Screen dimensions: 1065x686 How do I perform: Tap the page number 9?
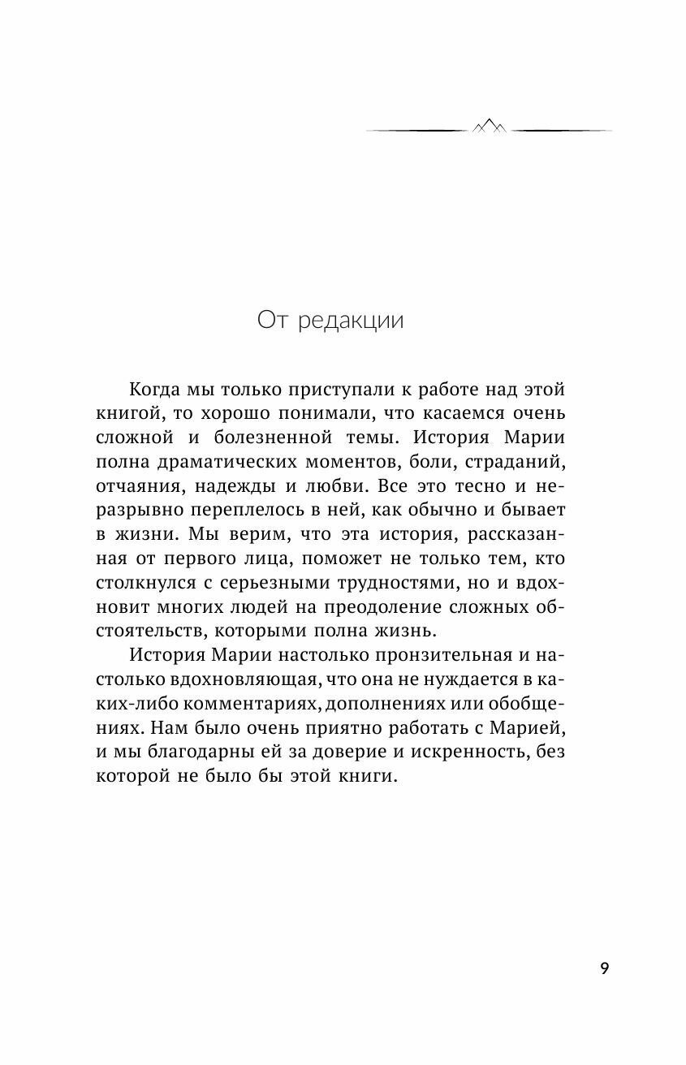coord(603,969)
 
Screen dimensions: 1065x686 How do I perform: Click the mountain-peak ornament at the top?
coord(489,126)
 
